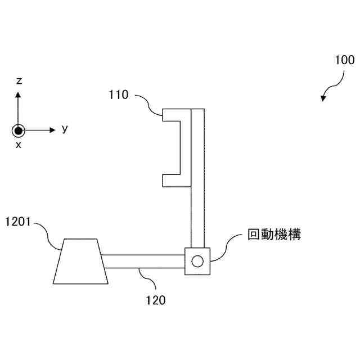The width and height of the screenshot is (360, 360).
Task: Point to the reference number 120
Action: pos(156,300)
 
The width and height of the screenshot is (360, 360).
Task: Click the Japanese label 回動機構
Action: pos(274,235)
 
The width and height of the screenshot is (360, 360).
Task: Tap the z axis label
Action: pos(19,82)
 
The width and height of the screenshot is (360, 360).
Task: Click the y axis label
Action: pos(65,129)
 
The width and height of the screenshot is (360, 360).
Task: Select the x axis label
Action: pos(19,145)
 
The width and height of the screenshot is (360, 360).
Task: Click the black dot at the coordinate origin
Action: pos(19,130)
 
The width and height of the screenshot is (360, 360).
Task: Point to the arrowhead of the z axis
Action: pos(19,94)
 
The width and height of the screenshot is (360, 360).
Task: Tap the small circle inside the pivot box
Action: pos(197,261)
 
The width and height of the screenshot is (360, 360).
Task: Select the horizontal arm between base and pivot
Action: pos(143,262)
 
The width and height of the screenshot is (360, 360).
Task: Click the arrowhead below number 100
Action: pos(323,98)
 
